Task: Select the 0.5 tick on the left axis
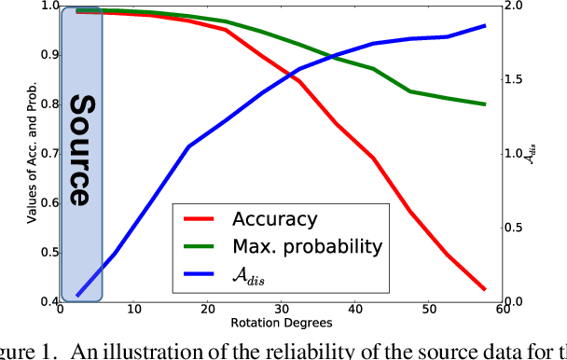coord(42,253)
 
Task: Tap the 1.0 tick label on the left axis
coord(42,7)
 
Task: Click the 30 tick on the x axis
coord(282,311)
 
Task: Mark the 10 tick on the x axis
coord(134,311)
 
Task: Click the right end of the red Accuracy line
coord(485,289)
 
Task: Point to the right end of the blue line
coord(485,25)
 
